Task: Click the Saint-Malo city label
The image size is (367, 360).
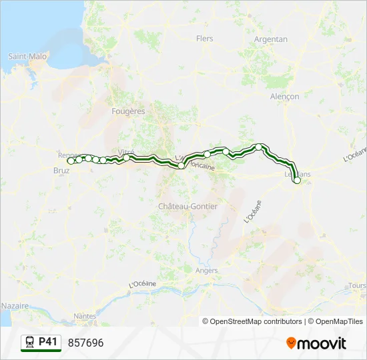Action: (27, 57)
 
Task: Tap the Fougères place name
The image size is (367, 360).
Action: (129, 111)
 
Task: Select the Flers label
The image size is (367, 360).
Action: (205, 39)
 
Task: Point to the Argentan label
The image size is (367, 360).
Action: (271, 39)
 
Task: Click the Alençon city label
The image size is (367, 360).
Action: (285, 97)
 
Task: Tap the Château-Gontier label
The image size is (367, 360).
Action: (188, 207)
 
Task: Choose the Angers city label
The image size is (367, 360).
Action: (207, 271)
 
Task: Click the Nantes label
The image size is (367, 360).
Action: (85, 316)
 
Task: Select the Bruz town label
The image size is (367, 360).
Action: (61, 171)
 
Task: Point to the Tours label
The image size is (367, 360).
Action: (357, 286)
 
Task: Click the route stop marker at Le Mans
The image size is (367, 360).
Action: (297, 180)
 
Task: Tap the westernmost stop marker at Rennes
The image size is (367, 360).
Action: (70, 161)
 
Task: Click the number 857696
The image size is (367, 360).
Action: (85, 343)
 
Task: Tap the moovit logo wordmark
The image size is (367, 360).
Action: (322, 343)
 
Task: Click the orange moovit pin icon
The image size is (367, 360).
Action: (291, 343)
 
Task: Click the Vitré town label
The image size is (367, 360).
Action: (126, 152)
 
